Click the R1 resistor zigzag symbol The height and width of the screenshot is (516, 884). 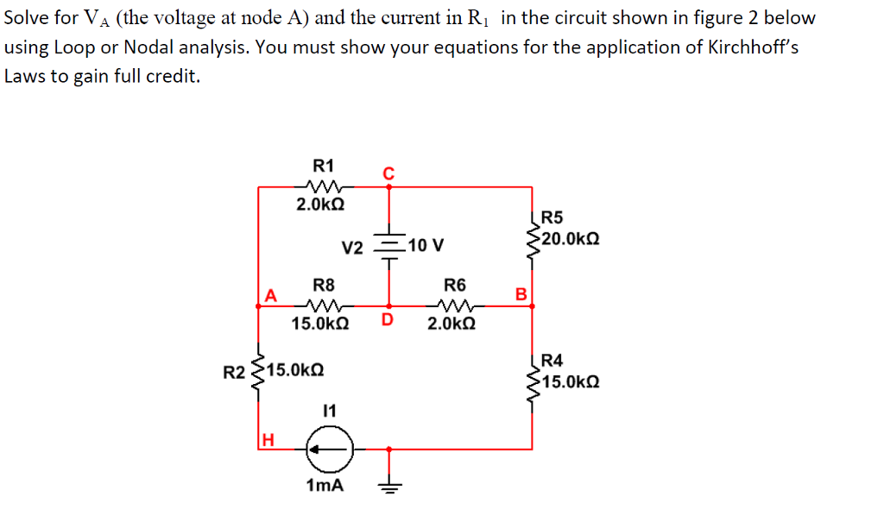click(325, 186)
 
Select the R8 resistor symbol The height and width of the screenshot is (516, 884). click(325, 305)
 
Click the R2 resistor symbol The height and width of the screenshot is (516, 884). click(259, 372)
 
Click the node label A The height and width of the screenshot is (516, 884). click(270, 295)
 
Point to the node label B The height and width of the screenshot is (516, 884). click(521, 295)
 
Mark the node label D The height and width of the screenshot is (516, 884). click(388, 322)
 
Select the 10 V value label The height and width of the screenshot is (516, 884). click(426, 245)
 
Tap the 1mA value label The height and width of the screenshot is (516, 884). click(325, 486)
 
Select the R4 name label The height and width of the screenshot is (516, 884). click(552, 361)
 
